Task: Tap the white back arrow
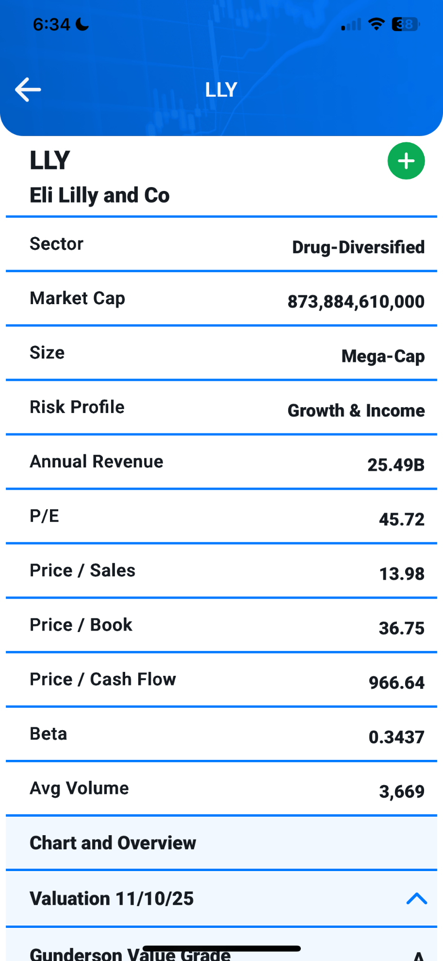[28, 90]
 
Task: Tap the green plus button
[406, 161]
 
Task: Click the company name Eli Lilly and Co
[99, 195]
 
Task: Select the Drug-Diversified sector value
[358, 247]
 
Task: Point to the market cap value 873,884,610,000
[356, 302]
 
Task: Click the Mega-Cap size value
[383, 356]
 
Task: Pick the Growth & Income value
[356, 411]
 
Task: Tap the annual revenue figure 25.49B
[395, 465]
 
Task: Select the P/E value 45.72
[401, 519]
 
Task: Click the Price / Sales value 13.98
[401, 574]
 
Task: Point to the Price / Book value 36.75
[401, 628]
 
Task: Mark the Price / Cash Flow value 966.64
[396, 683]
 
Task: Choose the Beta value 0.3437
[396, 737]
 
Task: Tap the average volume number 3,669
[401, 791]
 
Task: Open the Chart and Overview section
[113, 843]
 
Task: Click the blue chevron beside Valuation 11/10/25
[416, 899]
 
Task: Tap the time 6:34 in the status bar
[51, 24]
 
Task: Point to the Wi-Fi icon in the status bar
[376, 24]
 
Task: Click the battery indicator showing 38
[405, 24]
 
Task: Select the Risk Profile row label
[77, 407]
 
